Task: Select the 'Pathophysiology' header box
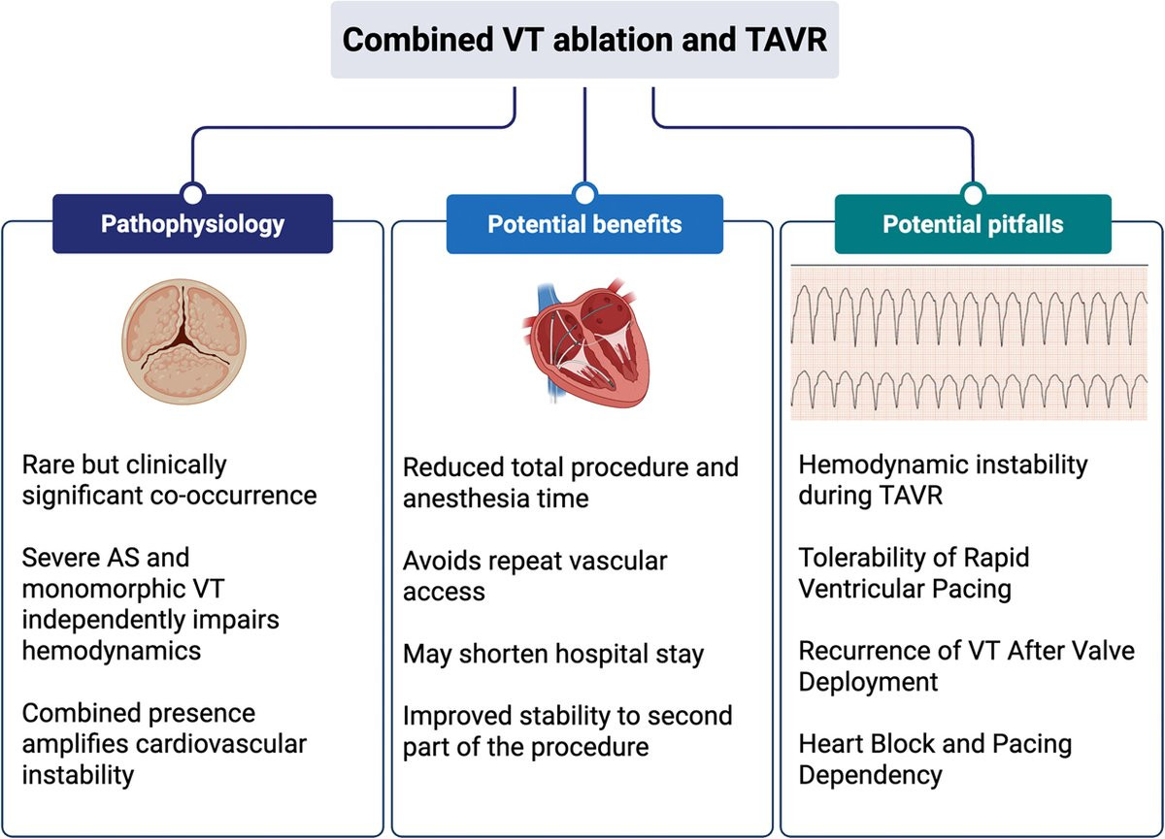tap(192, 224)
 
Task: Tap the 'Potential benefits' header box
tap(584, 224)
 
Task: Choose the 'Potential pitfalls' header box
tap(973, 224)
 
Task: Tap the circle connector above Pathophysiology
tap(192, 192)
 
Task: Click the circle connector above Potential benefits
tap(583, 192)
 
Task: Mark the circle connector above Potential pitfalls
tap(973, 192)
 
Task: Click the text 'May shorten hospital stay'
tap(553, 654)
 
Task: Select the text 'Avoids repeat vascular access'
tap(536, 576)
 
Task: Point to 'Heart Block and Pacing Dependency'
tap(935, 759)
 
